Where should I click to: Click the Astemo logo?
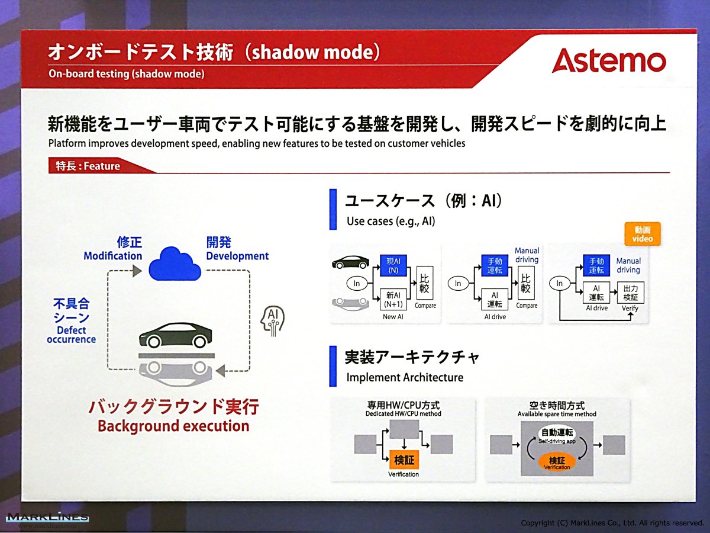point(609,61)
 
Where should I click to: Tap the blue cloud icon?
point(175,264)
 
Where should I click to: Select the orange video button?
point(643,234)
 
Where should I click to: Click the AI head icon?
point(273,321)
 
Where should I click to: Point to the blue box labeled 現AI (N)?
point(393,266)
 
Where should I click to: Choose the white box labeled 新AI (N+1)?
point(393,299)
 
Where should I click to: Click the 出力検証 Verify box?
point(631,293)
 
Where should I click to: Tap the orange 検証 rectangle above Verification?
point(404,460)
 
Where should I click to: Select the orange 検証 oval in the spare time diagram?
point(557,463)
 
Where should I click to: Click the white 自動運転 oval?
point(557,435)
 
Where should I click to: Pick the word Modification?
point(113,256)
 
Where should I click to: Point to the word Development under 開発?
point(237,256)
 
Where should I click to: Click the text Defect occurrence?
point(72,335)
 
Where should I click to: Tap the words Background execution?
point(174,426)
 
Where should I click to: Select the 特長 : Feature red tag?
point(97,166)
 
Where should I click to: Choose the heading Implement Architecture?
point(405,377)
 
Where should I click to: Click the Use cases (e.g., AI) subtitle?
point(390,221)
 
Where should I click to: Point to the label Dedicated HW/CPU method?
point(404,413)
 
